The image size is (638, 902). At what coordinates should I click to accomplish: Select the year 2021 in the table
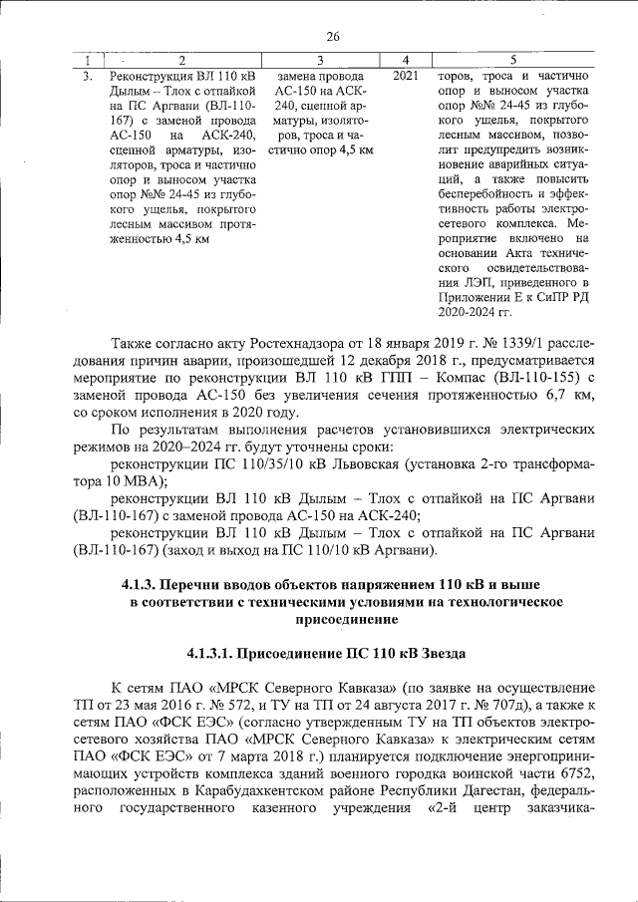pos(406,76)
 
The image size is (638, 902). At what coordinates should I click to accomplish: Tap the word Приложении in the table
pos(478,298)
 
